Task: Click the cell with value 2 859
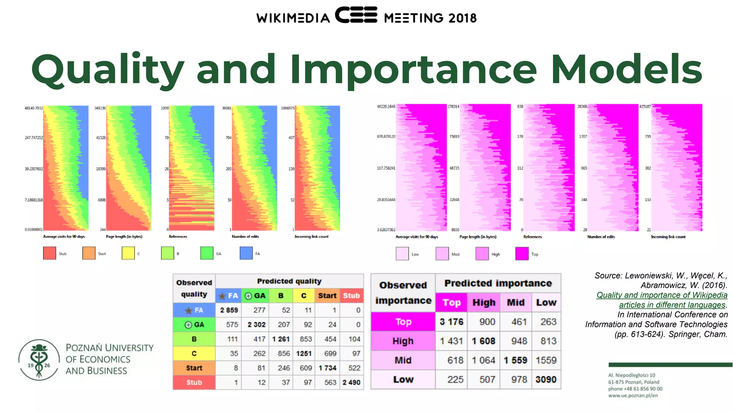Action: (229, 310)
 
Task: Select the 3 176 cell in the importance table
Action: (451, 322)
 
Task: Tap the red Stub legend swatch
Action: (49, 253)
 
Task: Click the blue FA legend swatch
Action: (246, 253)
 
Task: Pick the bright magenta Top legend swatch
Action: (522, 254)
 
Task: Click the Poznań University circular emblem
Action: (39, 360)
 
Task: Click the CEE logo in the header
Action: (356, 15)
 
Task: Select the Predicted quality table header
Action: (289, 281)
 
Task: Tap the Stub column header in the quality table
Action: (351, 296)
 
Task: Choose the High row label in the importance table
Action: (403, 341)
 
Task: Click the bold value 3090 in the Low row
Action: (546, 379)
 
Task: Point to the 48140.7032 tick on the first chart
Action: (34, 108)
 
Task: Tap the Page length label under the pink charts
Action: (478, 237)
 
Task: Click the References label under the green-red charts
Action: (178, 236)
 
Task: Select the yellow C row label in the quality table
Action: (194, 353)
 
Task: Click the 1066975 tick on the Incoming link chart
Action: (287, 108)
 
